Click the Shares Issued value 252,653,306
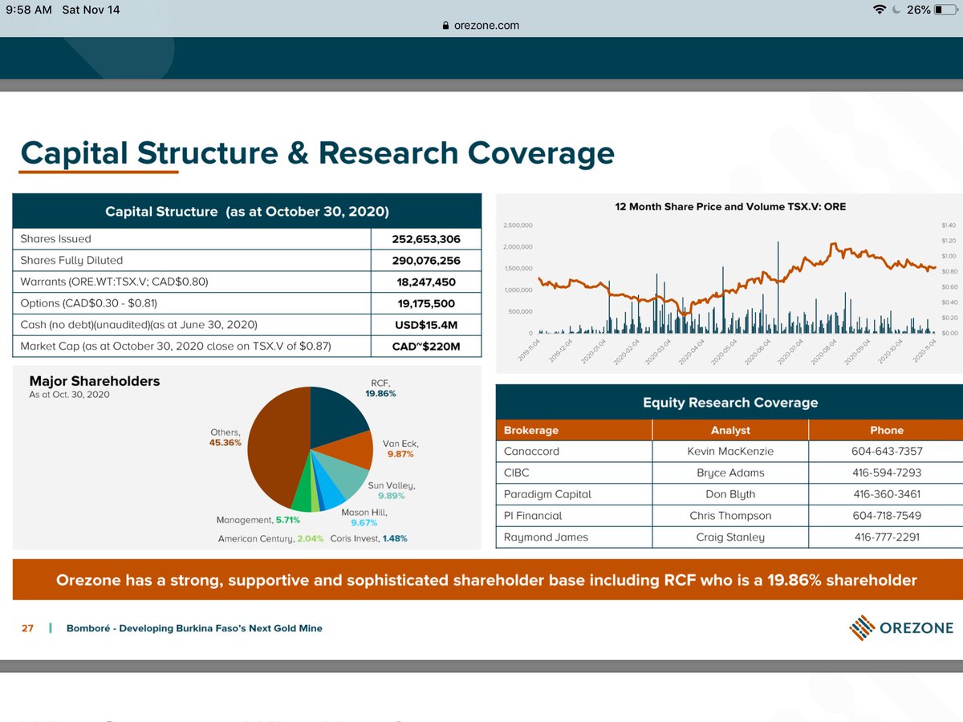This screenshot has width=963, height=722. click(x=425, y=239)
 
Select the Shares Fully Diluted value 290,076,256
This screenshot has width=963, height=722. click(x=425, y=261)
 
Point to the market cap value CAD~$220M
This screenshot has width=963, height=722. click(x=427, y=347)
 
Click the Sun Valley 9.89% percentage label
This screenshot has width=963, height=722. click(x=391, y=496)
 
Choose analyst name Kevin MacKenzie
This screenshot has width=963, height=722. click(x=730, y=452)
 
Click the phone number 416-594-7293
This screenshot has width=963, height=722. click(x=886, y=473)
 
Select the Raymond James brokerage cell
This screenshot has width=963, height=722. click(x=546, y=537)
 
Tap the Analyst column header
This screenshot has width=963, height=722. click(x=730, y=430)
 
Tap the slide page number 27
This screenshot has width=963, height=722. click(x=27, y=628)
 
